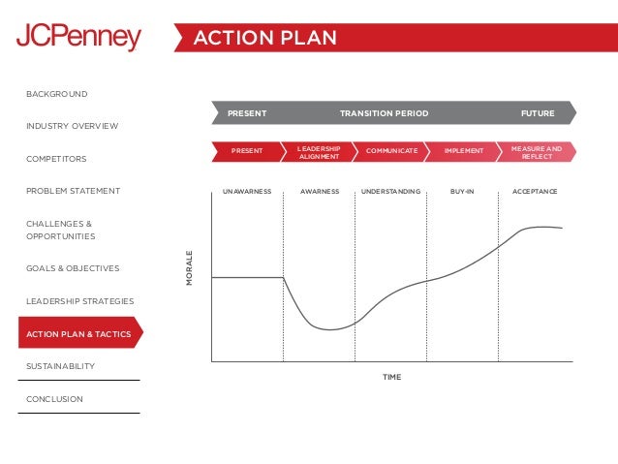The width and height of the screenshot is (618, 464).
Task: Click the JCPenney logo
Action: point(78,38)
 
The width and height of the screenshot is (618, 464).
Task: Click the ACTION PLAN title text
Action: point(264,38)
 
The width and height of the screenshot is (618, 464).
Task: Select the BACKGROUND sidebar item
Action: point(56,94)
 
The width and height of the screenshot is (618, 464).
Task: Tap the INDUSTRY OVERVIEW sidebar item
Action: point(72,127)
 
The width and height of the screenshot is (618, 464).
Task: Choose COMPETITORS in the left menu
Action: point(56,159)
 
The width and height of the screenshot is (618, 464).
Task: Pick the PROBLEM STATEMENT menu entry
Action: point(73,191)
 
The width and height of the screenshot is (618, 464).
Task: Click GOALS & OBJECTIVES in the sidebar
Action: point(73,268)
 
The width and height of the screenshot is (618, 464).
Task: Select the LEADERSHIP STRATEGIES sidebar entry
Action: point(79,301)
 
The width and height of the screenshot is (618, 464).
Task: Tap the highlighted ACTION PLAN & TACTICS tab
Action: point(78,334)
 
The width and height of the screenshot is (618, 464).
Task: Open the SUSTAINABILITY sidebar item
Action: point(60,366)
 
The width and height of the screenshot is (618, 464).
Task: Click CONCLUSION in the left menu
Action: point(54,399)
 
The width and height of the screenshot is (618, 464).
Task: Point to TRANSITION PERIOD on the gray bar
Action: point(384,113)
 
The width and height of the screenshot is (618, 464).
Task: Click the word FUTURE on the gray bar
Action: point(538,113)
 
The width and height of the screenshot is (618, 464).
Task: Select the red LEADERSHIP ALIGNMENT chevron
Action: point(319,151)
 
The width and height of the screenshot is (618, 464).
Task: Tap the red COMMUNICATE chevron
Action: point(392,151)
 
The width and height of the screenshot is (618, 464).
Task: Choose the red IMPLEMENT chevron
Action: point(463,151)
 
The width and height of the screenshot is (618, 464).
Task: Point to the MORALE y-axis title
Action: point(190,268)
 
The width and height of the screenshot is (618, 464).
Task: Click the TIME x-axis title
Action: point(391,377)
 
